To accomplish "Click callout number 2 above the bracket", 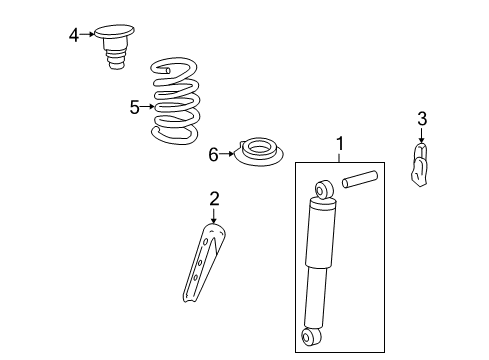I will [x=214, y=198].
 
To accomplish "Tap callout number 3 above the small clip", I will [x=422, y=119].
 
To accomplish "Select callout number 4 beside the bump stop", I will [x=74, y=35].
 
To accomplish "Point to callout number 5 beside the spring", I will [x=134, y=106].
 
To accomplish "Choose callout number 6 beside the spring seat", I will [x=213, y=155].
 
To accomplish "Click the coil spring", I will [x=178, y=100].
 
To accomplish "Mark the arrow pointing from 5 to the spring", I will [x=148, y=106].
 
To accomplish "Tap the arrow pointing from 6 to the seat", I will [x=226, y=155].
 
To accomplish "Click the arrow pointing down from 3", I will [x=422, y=134].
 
